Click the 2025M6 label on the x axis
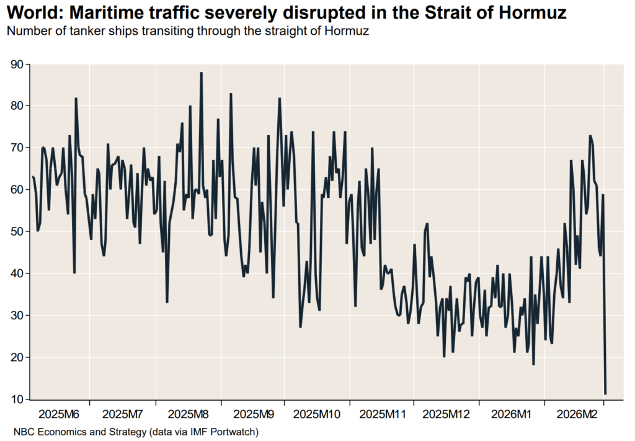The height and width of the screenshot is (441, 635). (58, 413)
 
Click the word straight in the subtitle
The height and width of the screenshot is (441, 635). (278, 31)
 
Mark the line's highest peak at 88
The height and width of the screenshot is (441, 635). (202, 73)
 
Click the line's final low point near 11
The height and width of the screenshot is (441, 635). (605, 394)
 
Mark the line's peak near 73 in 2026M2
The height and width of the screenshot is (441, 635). (590, 136)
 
